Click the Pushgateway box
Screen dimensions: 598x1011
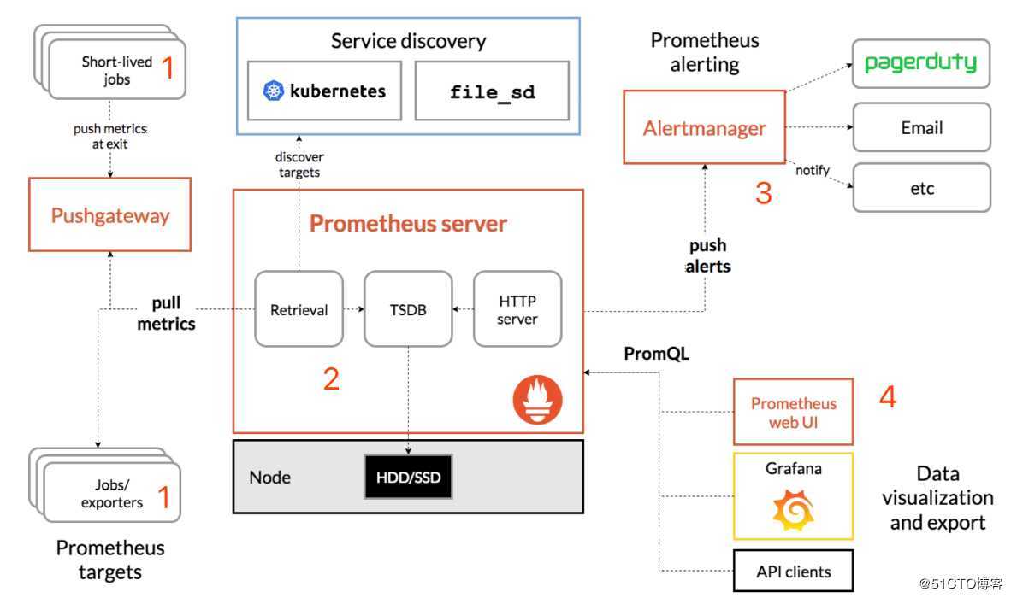(x=109, y=214)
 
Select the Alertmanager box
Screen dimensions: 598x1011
(x=705, y=127)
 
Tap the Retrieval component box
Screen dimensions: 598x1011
(x=299, y=308)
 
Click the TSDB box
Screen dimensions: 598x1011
(x=408, y=308)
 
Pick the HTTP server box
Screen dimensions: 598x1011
(x=517, y=308)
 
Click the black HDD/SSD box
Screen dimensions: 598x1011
(x=408, y=477)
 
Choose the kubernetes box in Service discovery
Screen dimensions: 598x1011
(x=325, y=90)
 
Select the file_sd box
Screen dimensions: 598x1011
(x=492, y=90)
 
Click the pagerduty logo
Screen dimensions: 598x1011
(x=920, y=63)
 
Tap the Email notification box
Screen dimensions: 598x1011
(x=921, y=127)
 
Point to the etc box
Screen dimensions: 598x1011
(x=921, y=188)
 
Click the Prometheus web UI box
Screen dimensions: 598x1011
(x=793, y=412)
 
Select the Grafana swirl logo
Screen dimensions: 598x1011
(x=793, y=511)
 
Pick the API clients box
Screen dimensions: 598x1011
(x=793, y=572)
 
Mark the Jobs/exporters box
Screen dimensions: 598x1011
(x=112, y=494)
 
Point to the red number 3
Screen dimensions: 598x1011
(x=763, y=194)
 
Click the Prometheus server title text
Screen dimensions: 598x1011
(x=408, y=224)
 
